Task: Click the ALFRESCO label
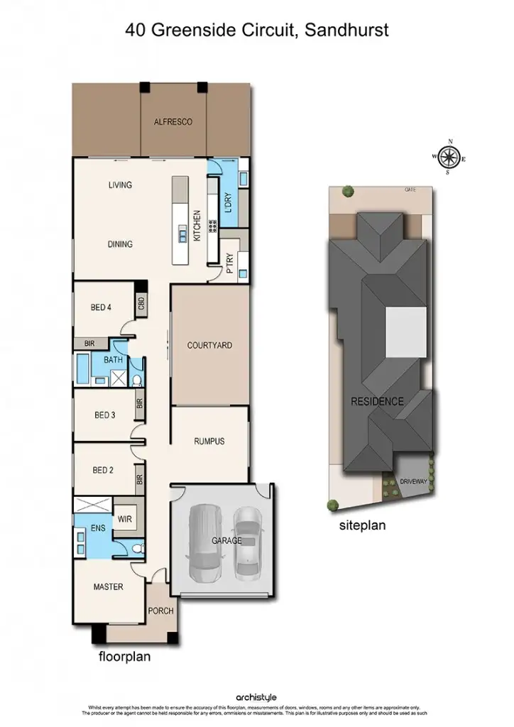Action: pyautogui.click(x=173, y=122)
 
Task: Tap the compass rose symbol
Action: pyautogui.click(x=449, y=157)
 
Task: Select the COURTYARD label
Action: pyautogui.click(x=209, y=346)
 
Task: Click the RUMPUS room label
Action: pyautogui.click(x=209, y=442)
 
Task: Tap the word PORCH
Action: pyautogui.click(x=160, y=611)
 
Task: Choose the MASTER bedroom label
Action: pyautogui.click(x=109, y=587)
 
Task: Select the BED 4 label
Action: pyautogui.click(x=101, y=307)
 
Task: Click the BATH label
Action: pyautogui.click(x=113, y=360)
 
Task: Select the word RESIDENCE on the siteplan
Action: pyautogui.click(x=377, y=402)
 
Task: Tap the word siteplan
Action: pyautogui.click(x=362, y=527)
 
